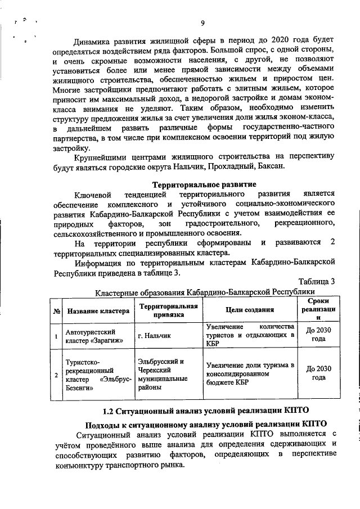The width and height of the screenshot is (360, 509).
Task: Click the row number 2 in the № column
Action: (56, 374)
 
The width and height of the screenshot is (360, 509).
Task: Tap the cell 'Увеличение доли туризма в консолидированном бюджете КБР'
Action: (250, 373)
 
